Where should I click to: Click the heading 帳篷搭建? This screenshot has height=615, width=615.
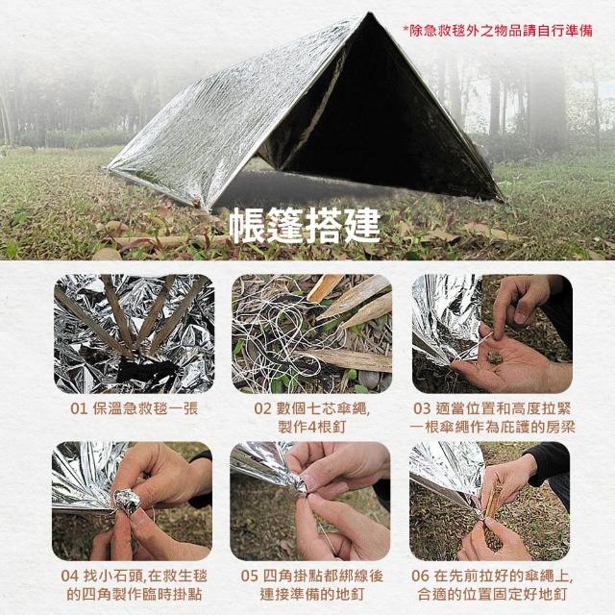pyautogui.click(x=305, y=225)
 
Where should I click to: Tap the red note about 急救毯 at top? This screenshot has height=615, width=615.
pyautogui.click(x=498, y=31)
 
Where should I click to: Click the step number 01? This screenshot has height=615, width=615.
pyautogui.click(x=79, y=408)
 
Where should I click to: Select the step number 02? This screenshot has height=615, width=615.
pyautogui.click(x=262, y=408)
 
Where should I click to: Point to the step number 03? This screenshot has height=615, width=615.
pyautogui.click(x=422, y=408)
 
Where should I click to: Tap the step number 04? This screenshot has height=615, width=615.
pyautogui.click(x=70, y=577)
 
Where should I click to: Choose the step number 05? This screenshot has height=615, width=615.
pyautogui.click(x=250, y=577)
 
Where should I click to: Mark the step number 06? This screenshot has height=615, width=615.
pyautogui.click(x=420, y=577)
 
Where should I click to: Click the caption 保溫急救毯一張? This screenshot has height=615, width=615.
pyautogui.click(x=145, y=408)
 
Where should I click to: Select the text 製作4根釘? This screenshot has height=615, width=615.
pyautogui.click(x=311, y=427)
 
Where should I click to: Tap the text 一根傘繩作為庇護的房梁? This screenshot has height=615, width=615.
pyautogui.click(x=492, y=427)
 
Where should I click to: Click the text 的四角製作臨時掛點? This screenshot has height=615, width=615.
pyautogui.click(x=134, y=594)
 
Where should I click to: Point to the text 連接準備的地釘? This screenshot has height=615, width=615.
pyautogui.click(x=311, y=594)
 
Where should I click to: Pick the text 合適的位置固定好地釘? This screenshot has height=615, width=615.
pyautogui.click(x=492, y=594)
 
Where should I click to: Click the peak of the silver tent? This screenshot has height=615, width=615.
pyautogui.click(x=368, y=13)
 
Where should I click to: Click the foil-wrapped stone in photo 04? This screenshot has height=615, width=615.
pyautogui.click(x=128, y=502)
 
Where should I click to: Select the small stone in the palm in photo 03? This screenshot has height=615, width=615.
pyautogui.click(x=493, y=357)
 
